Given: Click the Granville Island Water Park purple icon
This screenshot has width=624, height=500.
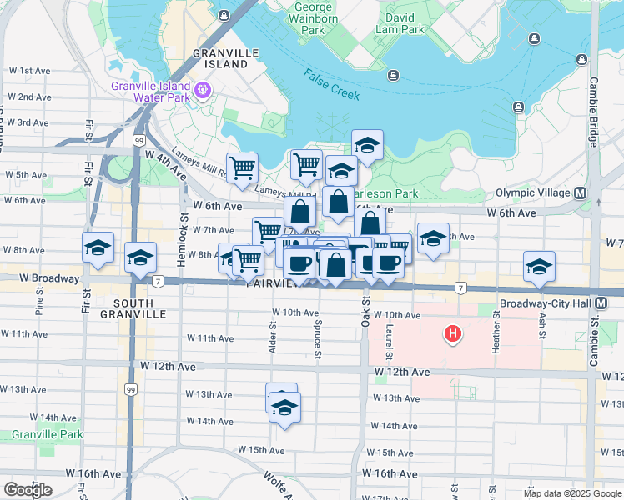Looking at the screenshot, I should (203, 88).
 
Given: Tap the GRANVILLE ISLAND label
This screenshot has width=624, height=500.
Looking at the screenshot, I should (220, 57).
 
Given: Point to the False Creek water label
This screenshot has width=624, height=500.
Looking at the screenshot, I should (332, 84).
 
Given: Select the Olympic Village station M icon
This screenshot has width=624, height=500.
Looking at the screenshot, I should (580, 192).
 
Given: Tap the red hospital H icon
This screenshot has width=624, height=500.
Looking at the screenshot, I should (452, 334).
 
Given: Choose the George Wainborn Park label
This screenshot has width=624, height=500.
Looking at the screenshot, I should (313, 19).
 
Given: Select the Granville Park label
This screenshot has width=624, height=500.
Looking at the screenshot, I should (48, 434).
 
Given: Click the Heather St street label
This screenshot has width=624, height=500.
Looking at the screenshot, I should (496, 332).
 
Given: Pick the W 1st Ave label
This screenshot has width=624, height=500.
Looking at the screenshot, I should (29, 71).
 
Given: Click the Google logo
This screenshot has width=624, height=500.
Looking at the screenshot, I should (28, 490).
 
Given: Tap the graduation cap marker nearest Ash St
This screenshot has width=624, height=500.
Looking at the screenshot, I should (539, 266).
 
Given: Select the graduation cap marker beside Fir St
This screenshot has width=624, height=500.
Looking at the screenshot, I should (98, 247).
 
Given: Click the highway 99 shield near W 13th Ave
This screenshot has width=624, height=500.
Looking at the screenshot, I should (130, 389).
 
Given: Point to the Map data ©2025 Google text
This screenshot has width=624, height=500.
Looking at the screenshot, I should (571, 493).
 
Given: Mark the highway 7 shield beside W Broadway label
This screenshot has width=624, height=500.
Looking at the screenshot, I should (156, 280).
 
